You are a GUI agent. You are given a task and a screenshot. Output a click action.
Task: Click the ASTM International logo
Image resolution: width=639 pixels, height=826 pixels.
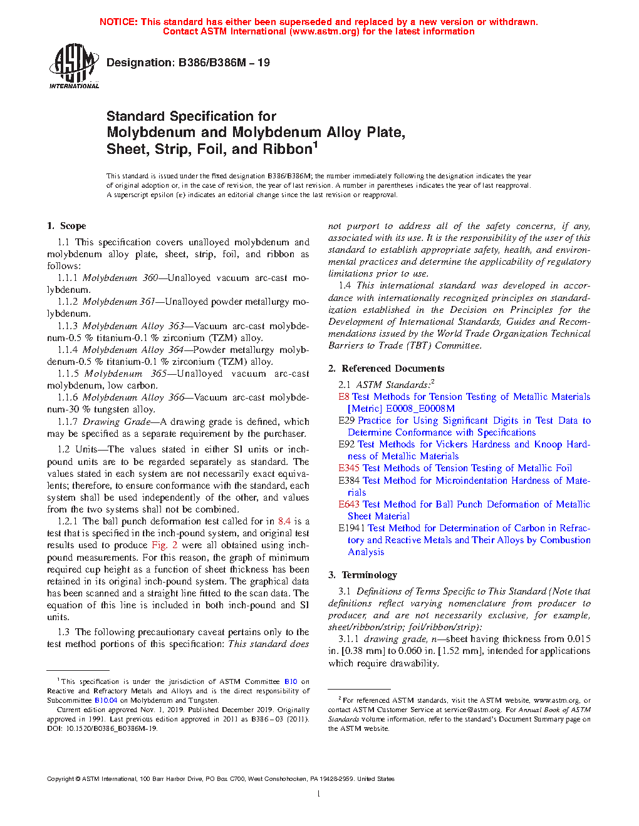pos(74,66)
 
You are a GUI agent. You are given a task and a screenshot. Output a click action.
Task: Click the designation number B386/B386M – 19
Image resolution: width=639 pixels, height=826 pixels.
pos(224,63)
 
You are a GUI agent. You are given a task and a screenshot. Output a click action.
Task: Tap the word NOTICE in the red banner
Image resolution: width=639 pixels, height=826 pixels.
pos(118,22)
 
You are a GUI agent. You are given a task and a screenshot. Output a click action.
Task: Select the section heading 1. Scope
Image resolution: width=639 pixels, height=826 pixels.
pos(66,226)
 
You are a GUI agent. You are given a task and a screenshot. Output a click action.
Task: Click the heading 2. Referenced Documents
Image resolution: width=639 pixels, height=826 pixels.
pos(386,369)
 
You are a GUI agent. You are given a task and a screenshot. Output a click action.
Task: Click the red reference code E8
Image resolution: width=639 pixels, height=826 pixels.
pos(343,397)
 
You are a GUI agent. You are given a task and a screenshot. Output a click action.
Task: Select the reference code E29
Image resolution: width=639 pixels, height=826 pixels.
pos(346,421)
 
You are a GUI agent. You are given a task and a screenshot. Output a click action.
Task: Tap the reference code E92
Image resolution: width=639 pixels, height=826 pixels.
pos(346,444)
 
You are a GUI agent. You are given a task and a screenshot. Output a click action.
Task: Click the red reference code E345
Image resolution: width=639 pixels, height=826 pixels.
pos(349,468)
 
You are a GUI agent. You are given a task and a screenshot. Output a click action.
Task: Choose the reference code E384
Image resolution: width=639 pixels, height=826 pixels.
pos(349,481)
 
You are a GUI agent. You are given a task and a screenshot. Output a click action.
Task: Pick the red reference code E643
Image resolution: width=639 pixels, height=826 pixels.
pos(349,504)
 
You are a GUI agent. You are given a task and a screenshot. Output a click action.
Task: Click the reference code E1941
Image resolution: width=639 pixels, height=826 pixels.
pos(351,528)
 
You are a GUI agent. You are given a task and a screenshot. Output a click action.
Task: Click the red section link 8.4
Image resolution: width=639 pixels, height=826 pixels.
pos(284,521)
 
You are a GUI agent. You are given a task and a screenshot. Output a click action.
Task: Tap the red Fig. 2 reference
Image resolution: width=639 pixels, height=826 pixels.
pos(165,545)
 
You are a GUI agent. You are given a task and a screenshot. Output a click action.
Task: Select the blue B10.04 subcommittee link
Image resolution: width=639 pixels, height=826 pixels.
pos(106,700)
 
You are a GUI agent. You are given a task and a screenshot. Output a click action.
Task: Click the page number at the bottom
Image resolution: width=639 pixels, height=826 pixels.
pos(319,794)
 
